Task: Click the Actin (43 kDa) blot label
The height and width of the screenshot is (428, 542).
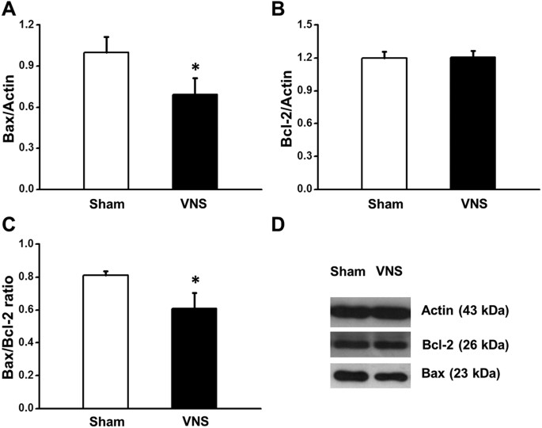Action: pos(465,309)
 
